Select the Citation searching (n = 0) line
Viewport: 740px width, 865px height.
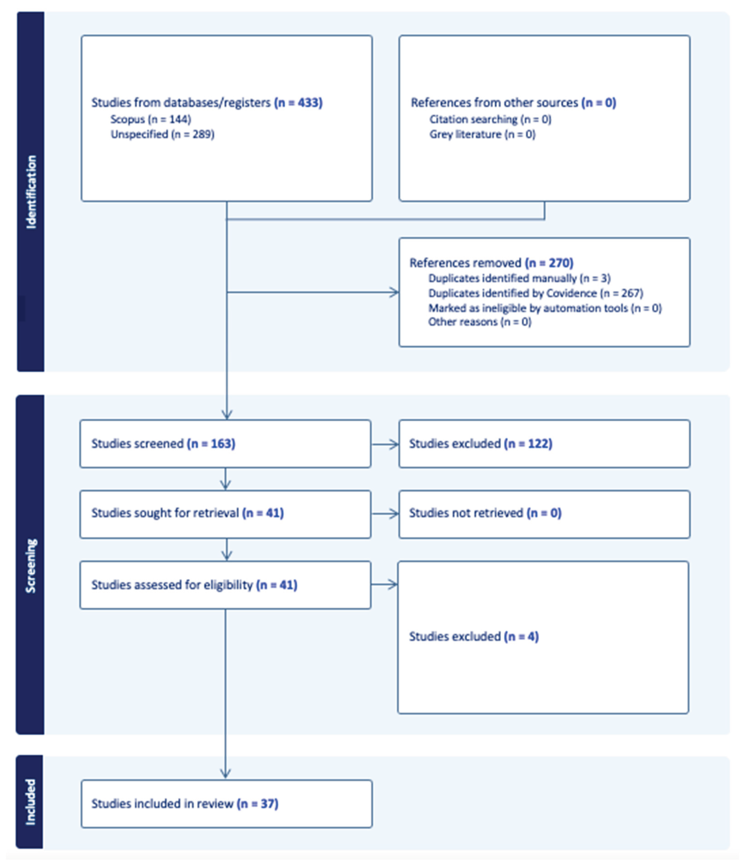(490, 119)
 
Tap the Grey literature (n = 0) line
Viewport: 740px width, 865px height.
(482, 134)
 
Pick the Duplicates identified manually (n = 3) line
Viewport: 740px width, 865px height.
(519, 278)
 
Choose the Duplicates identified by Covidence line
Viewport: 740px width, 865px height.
(535, 294)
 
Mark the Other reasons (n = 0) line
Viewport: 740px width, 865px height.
(480, 322)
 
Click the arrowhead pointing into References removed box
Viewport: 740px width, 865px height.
(394, 292)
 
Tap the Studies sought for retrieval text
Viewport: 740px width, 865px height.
(187, 513)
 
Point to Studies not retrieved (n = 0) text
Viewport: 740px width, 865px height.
(485, 513)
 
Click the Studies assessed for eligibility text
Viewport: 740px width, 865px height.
(194, 585)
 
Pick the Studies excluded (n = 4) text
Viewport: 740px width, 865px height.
(474, 637)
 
